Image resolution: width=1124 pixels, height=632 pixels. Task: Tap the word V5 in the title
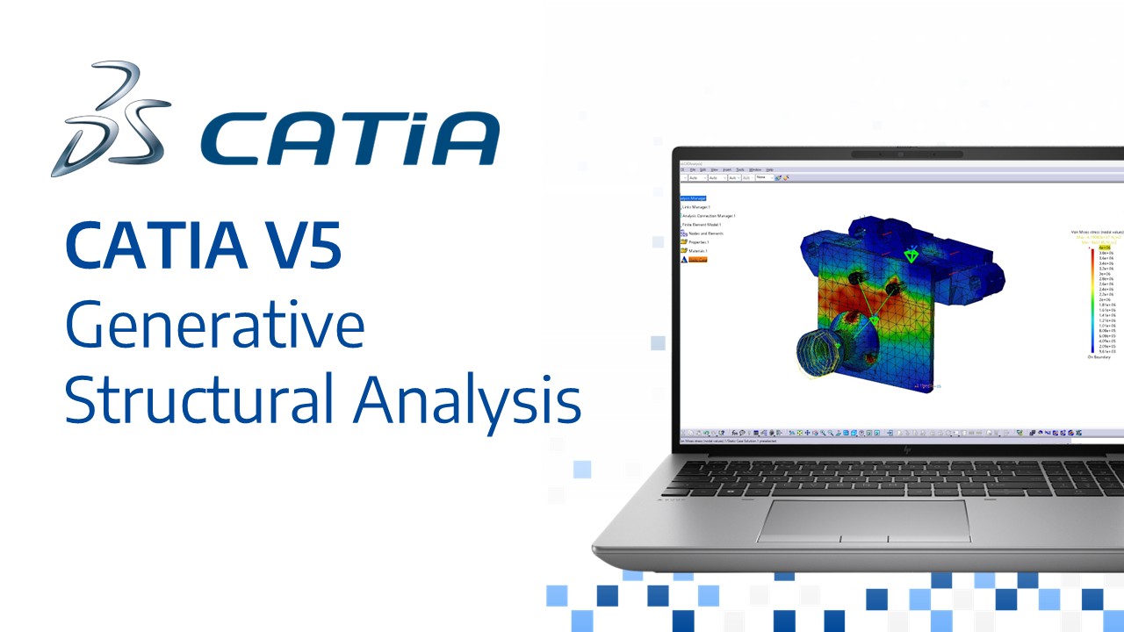coord(299,247)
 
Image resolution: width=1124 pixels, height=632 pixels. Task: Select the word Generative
coord(214,325)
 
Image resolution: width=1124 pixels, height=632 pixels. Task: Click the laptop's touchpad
coord(864,521)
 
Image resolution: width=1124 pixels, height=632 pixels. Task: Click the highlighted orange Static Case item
coord(697,260)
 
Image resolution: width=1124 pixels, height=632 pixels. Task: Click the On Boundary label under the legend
coord(1099,357)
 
